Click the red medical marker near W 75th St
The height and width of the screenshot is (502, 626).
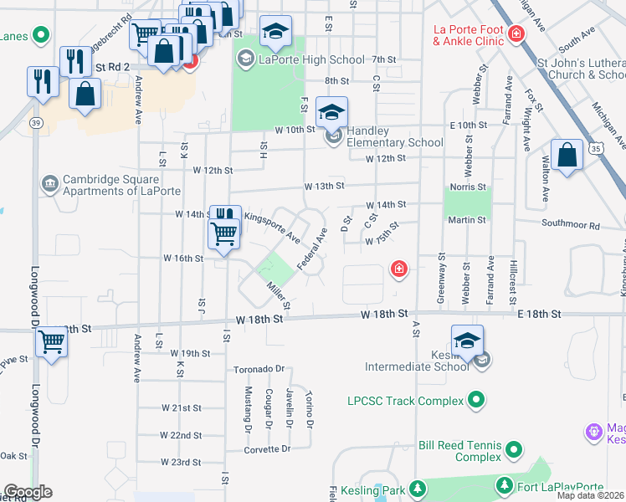(399, 269)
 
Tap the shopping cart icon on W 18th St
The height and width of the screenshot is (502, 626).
(52, 342)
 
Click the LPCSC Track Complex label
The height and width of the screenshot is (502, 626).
(405, 401)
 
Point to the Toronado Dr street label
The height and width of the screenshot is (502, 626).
(259, 368)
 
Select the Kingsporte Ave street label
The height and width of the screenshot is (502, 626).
(272, 227)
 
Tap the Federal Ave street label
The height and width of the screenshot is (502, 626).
(311, 250)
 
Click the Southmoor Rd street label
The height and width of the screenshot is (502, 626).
(571, 225)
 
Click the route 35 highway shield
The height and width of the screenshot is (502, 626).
(595, 148)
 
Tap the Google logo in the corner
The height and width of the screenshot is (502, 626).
(28, 492)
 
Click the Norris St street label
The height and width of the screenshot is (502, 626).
(467, 187)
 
